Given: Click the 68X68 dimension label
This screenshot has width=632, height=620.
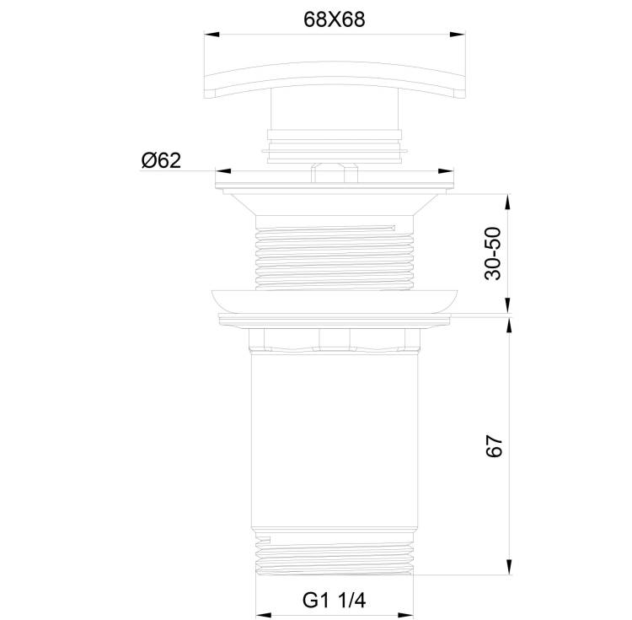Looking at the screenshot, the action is pos(335,19).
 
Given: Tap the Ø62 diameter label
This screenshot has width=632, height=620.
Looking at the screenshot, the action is pos(161,160).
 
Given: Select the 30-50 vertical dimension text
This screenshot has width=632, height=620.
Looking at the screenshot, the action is pos(493,253).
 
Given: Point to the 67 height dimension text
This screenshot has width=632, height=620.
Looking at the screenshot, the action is pos(494,445).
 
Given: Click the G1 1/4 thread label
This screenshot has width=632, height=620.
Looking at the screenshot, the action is pos(335,601).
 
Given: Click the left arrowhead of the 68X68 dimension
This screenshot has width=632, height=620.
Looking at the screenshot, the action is pos(212,35).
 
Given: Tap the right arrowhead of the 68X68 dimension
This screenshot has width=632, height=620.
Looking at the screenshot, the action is pos(458,35).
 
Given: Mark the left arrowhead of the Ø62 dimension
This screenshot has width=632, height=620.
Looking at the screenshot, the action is pos(223,171).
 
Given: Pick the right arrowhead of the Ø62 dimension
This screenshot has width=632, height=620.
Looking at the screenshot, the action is pos(446,171).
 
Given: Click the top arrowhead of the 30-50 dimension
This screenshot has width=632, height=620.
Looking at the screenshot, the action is pos(508,202).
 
